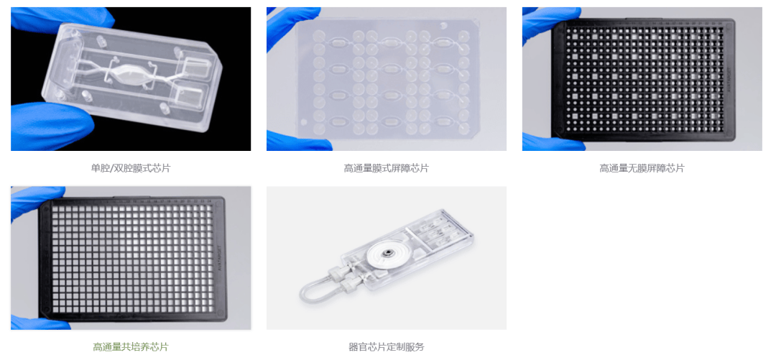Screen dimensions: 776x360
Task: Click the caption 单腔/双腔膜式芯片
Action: tap(130, 168)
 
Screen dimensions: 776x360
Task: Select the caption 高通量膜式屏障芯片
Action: tap(386, 168)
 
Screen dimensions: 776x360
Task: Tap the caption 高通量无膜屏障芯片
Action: tap(642, 168)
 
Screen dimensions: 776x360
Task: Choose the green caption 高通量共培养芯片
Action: tap(130, 346)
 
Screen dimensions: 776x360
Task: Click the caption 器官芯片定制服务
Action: tap(386, 346)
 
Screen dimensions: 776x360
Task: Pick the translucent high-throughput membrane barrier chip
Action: tap(386, 78)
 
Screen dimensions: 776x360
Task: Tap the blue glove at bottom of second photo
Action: tap(300, 141)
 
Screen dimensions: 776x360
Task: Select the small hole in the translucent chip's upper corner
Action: tap(443, 24)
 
